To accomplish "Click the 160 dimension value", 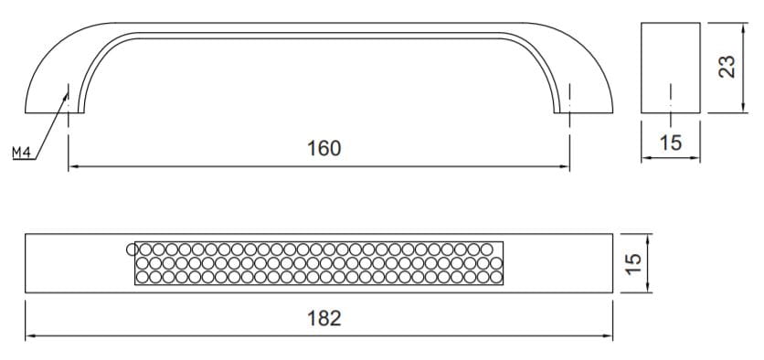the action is (324, 149).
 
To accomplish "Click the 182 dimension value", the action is (324, 319).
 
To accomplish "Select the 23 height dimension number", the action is (727, 67).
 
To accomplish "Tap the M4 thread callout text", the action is (21, 153).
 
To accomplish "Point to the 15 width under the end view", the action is (671, 143).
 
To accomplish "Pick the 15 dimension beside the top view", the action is (633, 263).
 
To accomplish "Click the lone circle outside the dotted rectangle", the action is (131, 249).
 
